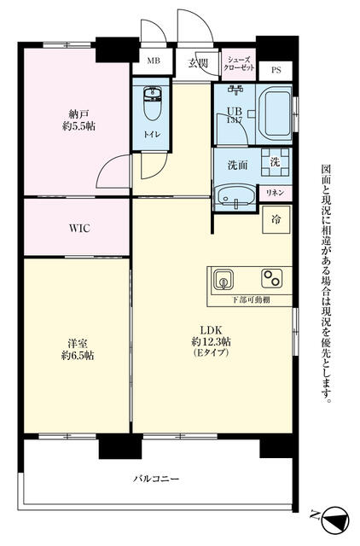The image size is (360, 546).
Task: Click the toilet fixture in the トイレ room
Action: (x=152, y=103)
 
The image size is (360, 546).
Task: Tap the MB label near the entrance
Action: (x=154, y=61)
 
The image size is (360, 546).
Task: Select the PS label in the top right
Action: (x=276, y=70)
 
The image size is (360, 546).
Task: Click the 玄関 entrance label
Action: (x=199, y=63)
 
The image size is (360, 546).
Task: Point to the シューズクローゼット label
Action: (x=239, y=64)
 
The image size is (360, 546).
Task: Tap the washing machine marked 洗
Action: (x=275, y=162)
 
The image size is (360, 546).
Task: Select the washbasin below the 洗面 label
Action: (x=235, y=196)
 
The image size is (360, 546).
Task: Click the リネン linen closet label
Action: (x=275, y=193)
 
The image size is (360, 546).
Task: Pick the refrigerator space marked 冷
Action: (x=276, y=219)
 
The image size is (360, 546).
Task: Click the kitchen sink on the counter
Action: (x=223, y=279)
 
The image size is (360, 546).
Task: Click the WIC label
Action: (x=79, y=229)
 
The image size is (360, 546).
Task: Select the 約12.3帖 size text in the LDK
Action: (x=212, y=341)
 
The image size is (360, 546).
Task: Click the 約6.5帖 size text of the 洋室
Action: (x=78, y=356)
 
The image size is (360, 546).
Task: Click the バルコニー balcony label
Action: (x=156, y=479)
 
